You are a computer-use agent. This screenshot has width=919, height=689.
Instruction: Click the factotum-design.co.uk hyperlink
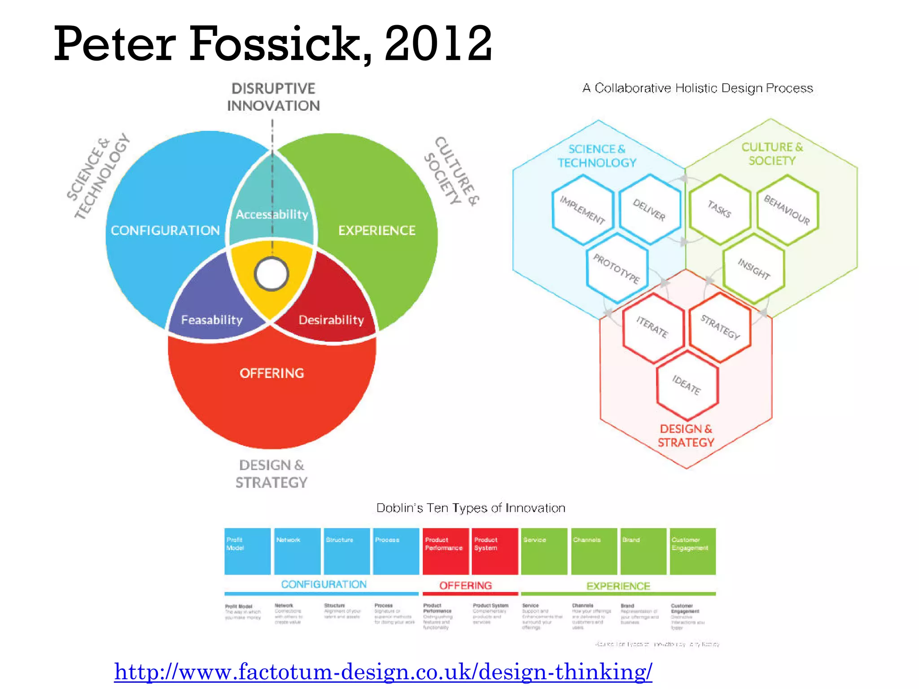(x=383, y=672)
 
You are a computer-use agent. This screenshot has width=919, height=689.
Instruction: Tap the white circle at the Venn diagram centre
(x=271, y=274)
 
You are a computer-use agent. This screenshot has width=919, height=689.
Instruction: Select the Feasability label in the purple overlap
(x=212, y=320)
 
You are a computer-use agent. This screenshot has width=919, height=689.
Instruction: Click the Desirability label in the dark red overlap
(x=331, y=320)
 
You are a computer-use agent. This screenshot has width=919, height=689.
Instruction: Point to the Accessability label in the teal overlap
(x=272, y=214)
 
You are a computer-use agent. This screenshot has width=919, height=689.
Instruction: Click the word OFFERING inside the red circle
(x=272, y=373)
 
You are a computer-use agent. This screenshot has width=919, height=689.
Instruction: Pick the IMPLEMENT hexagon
(x=582, y=210)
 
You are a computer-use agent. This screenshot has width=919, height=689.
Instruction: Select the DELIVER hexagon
(x=649, y=209)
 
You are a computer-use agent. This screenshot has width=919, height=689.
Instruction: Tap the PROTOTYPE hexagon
(x=617, y=268)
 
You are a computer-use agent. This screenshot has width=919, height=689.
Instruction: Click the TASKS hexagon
(x=720, y=209)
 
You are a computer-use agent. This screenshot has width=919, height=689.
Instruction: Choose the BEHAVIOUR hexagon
(x=787, y=210)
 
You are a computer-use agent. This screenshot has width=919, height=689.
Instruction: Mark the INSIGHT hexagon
(x=754, y=268)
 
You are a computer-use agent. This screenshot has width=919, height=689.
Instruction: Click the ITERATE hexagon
(x=652, y=327)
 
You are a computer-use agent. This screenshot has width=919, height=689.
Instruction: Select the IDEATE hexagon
(x=687, y=385)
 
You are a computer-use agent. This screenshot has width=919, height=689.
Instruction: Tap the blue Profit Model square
(x=247, y=551)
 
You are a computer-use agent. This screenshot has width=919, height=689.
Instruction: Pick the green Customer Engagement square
(x=692, y=551)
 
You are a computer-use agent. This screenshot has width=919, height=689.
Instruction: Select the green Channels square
(x=594, y=551)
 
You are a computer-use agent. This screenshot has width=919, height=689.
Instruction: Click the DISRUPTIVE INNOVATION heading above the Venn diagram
(x=273, y=97)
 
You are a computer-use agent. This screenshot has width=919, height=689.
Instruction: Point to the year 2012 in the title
(x=438, y=44)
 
